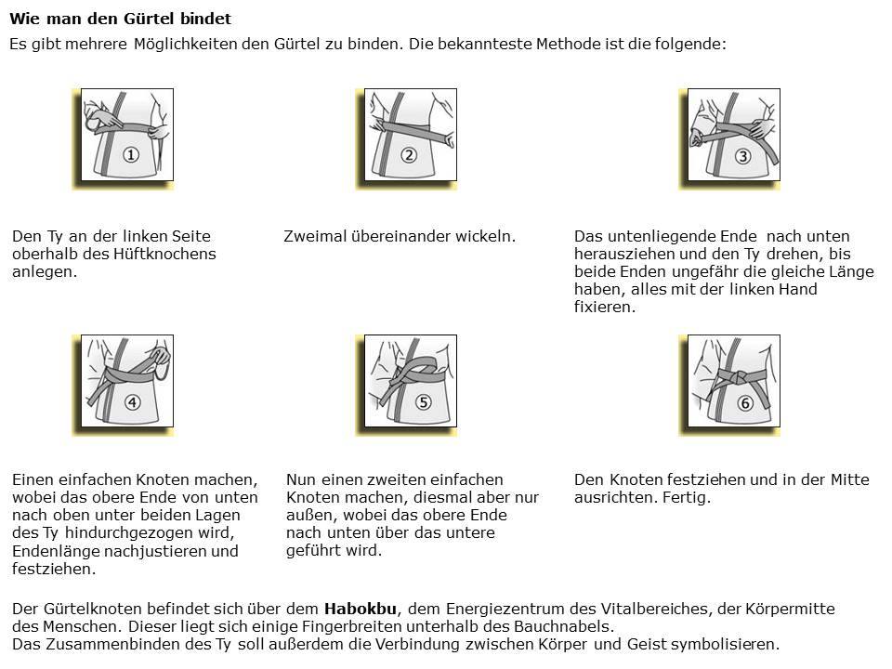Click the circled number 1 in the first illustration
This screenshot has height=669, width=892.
point(131,155)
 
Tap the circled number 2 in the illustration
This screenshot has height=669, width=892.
point(409,155)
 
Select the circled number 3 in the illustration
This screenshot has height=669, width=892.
point(742,155)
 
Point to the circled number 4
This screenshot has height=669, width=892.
point(132,402)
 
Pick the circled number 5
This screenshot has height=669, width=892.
point(423,402)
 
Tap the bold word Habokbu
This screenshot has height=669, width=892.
point(361,609)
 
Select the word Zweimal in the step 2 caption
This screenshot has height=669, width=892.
point(316,236)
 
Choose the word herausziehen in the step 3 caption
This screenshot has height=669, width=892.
point(622,254)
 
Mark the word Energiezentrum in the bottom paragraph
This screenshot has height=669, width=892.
point(493,609)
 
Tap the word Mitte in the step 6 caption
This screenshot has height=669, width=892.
point(847,479)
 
